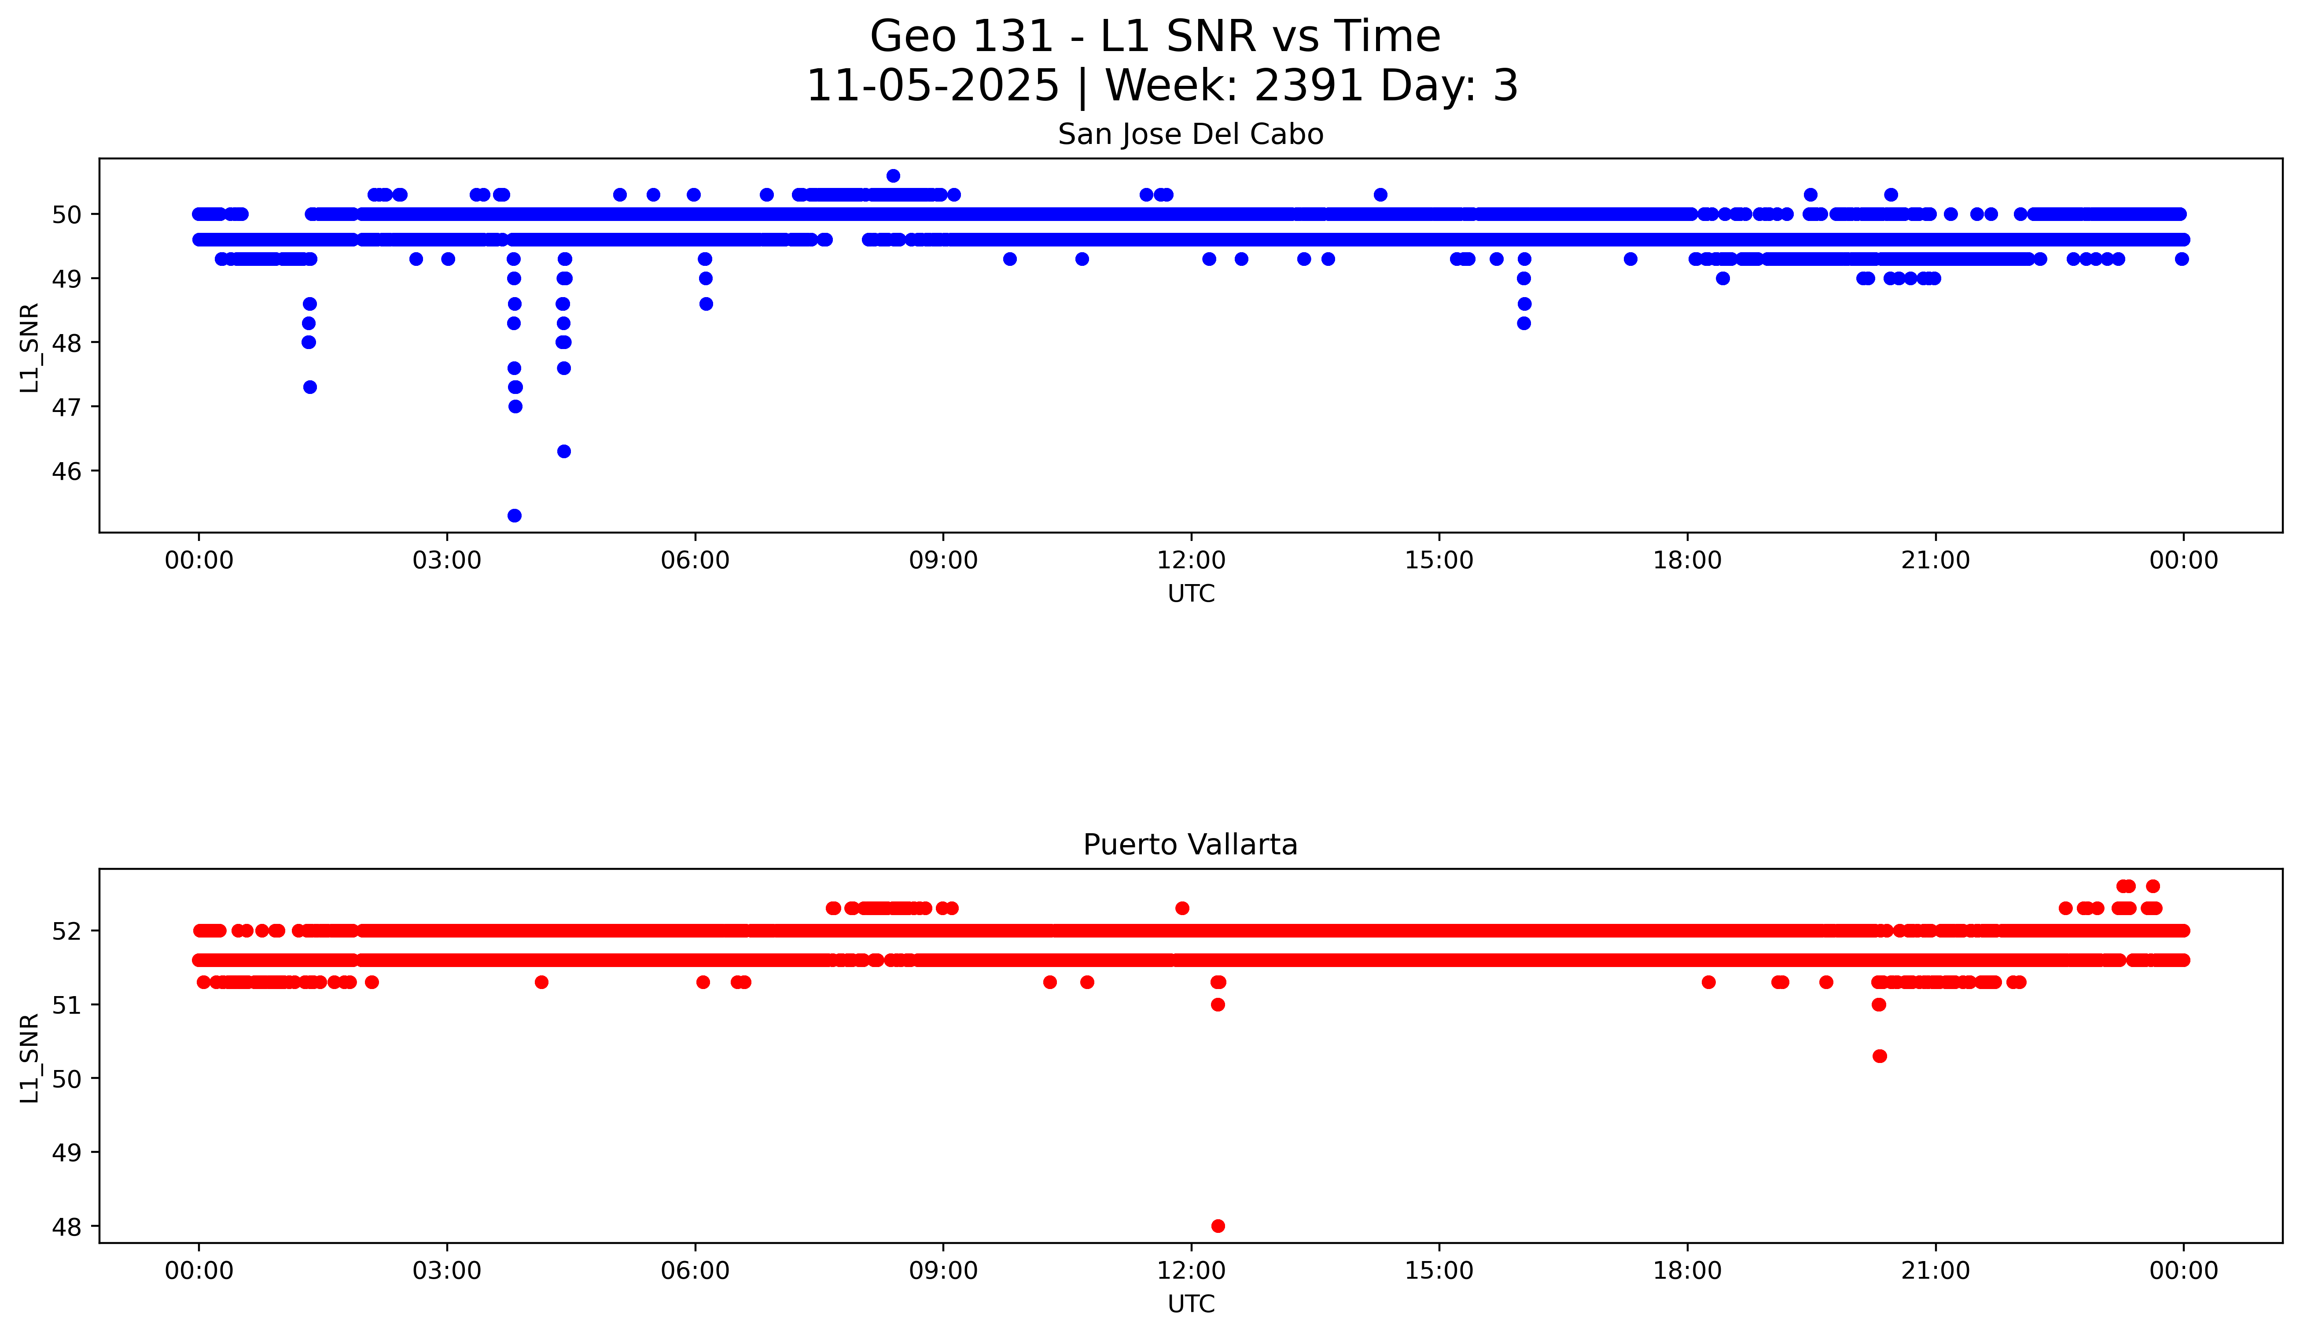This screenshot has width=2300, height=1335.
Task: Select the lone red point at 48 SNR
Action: pos(1218,1225)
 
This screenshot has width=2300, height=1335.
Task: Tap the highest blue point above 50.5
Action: pos(893,175)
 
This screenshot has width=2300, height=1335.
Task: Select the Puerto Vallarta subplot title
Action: pos(1190,845)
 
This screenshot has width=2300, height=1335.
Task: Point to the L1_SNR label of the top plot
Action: pos(30,348)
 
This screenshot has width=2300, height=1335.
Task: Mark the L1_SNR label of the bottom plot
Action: pos(30,1058)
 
